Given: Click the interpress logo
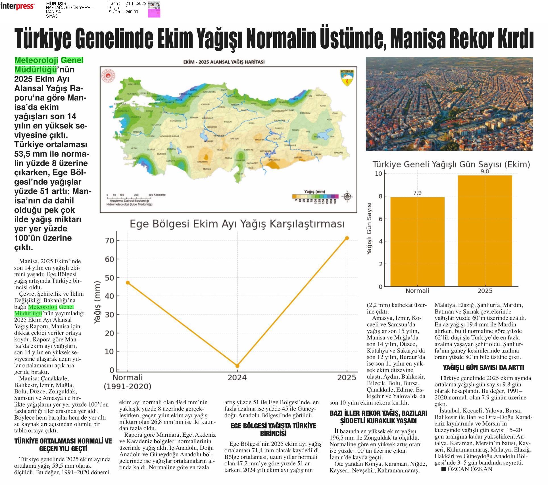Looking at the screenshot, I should point(18,6).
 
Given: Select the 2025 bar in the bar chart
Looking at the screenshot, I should point(485,231).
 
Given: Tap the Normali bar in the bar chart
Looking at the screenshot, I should point(417,242).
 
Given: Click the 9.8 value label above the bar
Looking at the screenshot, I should point(485,171).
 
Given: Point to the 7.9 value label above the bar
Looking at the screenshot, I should point(417,193).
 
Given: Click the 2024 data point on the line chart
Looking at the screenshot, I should point(237,366).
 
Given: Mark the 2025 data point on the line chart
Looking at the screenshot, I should point(347,238).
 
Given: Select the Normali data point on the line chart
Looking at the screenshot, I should point(128,283).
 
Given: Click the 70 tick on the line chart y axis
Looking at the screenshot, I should point(110,241).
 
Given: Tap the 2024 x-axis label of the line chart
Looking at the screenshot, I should point(237,378).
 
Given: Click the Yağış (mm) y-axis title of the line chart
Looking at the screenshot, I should point(97,302).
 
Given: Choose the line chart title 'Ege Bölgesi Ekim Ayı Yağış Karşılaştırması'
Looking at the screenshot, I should point(237,224).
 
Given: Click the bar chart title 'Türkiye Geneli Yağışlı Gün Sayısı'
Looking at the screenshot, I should point(451,164).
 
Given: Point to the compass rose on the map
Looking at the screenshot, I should point(347,196).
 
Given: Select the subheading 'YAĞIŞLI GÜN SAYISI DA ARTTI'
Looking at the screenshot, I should point(483,367).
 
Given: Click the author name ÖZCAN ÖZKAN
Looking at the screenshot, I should point(469,469).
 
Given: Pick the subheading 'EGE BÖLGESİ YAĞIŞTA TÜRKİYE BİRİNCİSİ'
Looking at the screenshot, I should point(273,429).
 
